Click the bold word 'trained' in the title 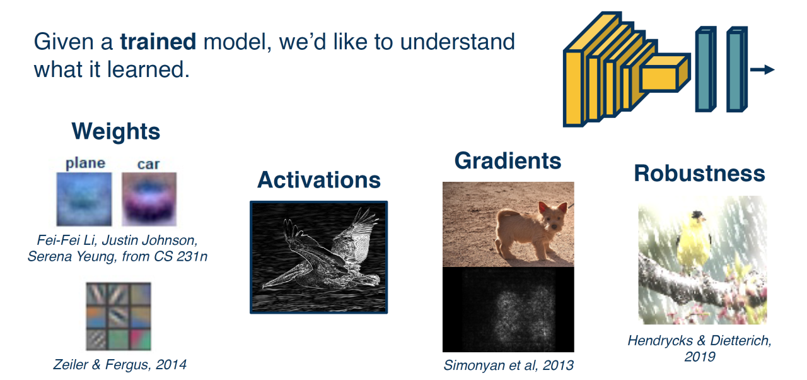(158, 42)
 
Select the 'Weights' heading (115, 131)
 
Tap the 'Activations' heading (319, 179)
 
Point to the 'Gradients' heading (508, 160)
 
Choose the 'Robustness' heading (699, 174)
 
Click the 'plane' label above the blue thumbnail (85, 163)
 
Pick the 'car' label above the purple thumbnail (148, 164)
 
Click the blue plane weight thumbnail (84, 199)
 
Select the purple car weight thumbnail (149, 199)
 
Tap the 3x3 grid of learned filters (119, 316)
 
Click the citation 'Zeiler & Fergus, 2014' (120, 364)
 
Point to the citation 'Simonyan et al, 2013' (508, 365)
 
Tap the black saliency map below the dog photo (508, 310)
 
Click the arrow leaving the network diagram (762, 69)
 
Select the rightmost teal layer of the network (737, 69)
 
